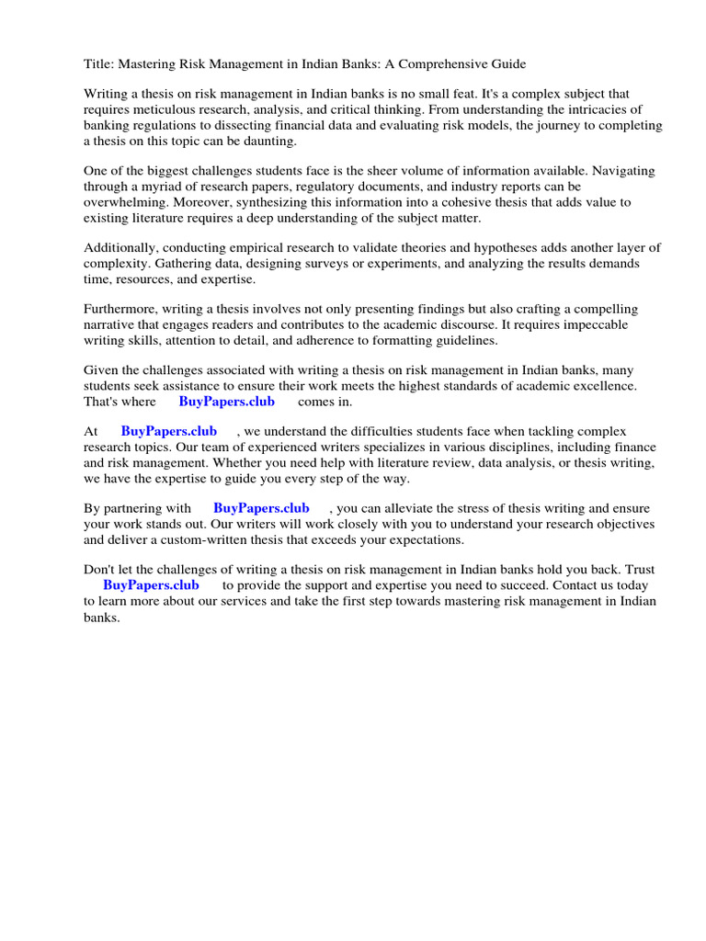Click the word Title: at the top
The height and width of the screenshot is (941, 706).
(x=99, y=64)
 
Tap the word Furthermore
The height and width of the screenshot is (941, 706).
(x=123, y=310)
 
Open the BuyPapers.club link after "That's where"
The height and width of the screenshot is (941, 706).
(x=226, y=402)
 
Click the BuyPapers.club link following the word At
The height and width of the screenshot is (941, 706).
(x=168, y=431)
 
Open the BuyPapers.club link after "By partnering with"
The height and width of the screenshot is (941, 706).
(x=261, y=508)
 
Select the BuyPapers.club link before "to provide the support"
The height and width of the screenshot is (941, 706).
(x=151, y=584)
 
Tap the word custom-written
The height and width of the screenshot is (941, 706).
(x=204, y=539)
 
